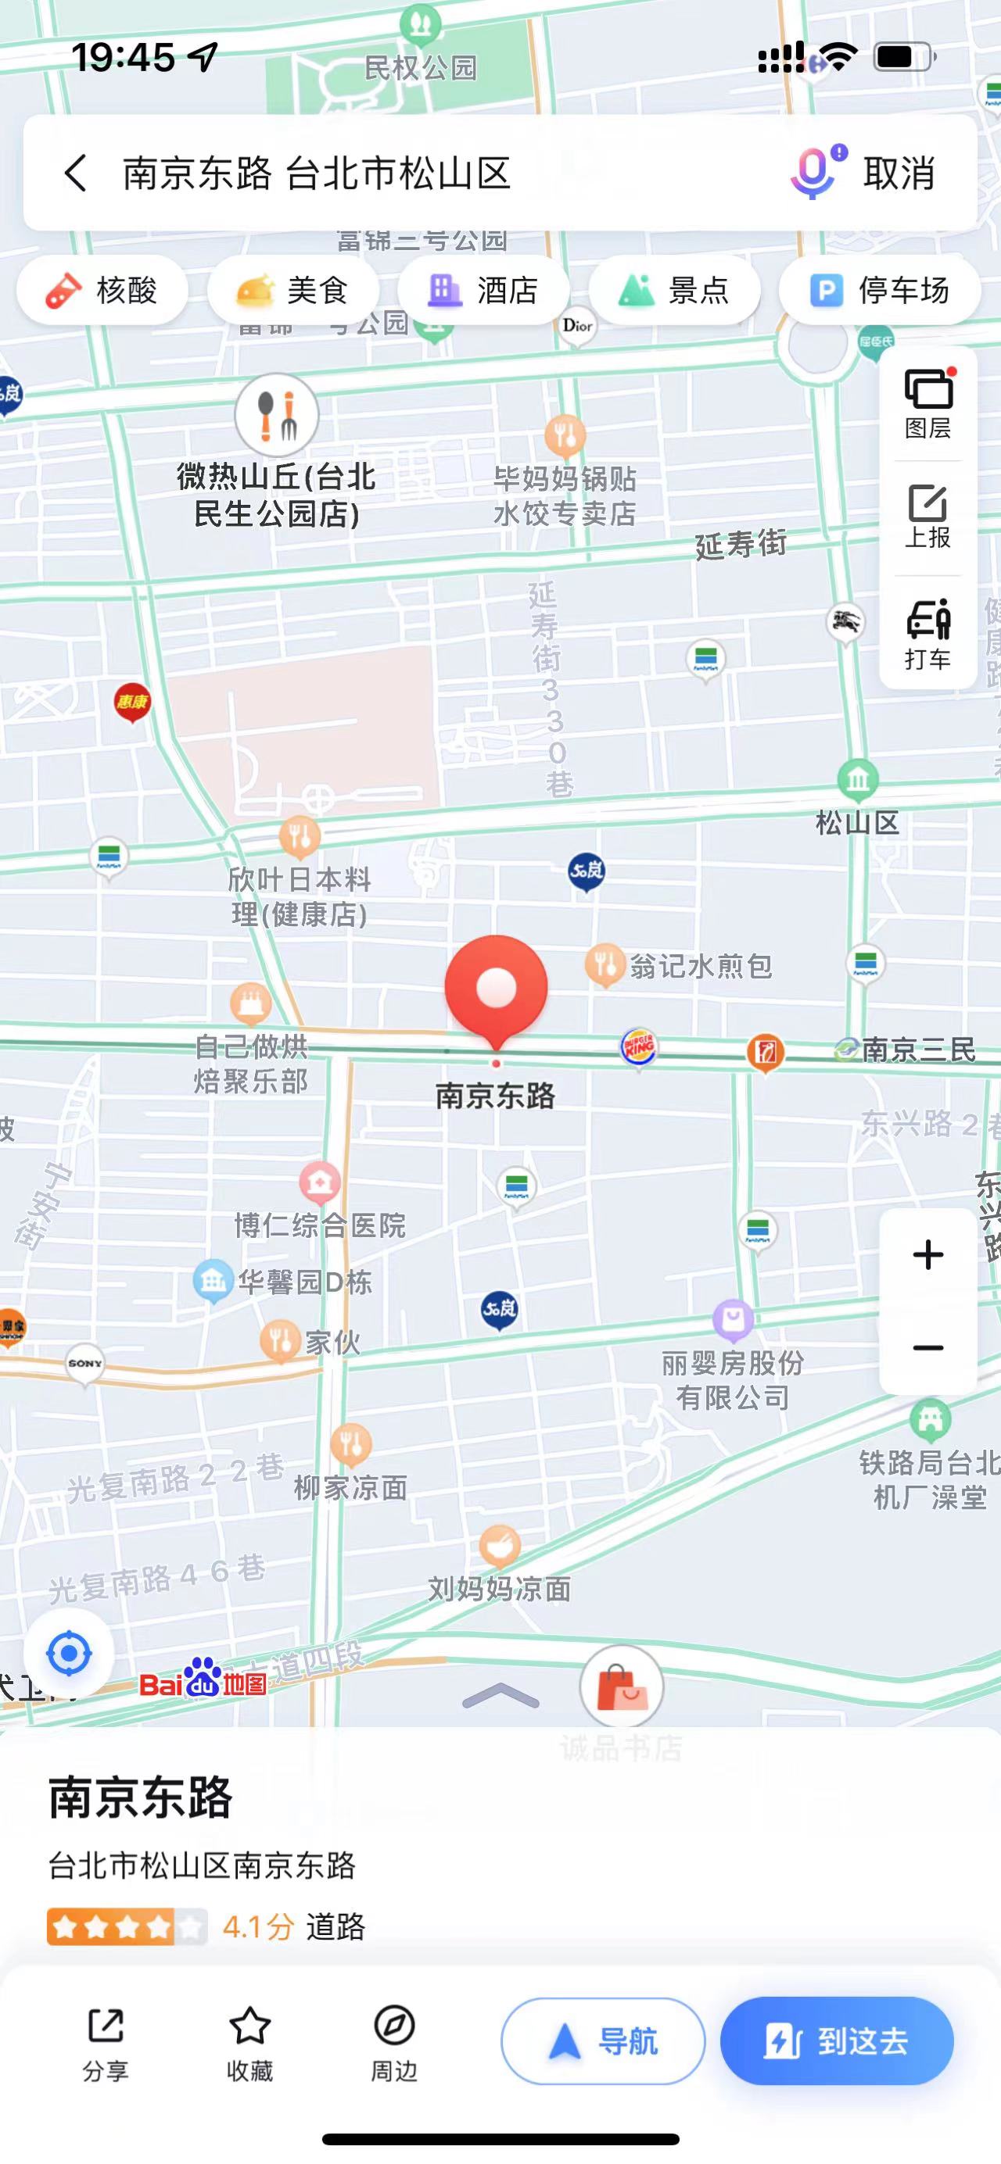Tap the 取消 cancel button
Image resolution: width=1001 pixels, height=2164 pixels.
pos(899,173)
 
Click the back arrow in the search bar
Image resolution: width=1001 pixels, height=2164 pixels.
pos(76,173)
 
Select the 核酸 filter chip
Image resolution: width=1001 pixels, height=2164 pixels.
pos(102,291)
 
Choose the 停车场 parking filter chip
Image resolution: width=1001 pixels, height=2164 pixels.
pos(879,291)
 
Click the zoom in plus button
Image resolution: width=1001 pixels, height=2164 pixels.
pos(927,1255)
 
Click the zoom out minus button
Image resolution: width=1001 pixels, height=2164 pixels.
pos(927,1348)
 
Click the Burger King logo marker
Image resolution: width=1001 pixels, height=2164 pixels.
pos(639,1046)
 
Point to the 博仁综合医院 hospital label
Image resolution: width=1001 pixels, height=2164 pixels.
pos(319,1225)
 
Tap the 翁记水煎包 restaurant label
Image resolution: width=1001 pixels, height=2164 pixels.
pos(701,966)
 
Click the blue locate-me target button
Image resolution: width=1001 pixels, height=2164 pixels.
pos(69,1653)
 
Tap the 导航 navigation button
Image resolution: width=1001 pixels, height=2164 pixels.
pos(603,2041)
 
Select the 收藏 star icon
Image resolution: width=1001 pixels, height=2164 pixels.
pos(249,2026)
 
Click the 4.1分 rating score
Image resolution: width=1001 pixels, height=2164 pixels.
pos(258,1926)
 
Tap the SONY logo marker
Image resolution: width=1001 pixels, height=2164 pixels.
pos(85,1364)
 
